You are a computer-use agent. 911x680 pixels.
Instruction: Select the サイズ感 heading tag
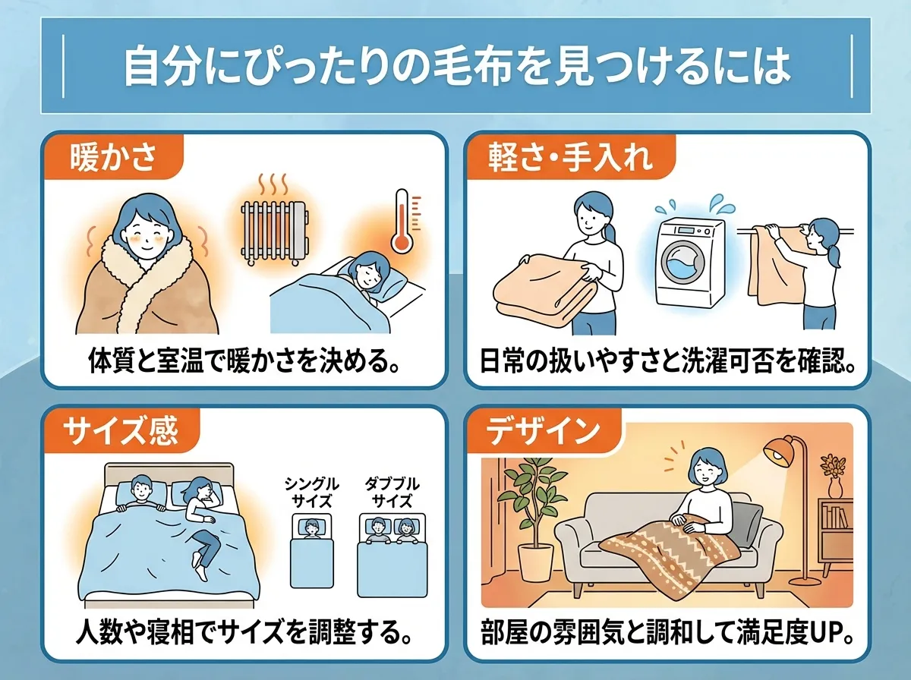tap(121, 432)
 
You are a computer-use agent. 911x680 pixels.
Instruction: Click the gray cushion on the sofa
tap(749, 524)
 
